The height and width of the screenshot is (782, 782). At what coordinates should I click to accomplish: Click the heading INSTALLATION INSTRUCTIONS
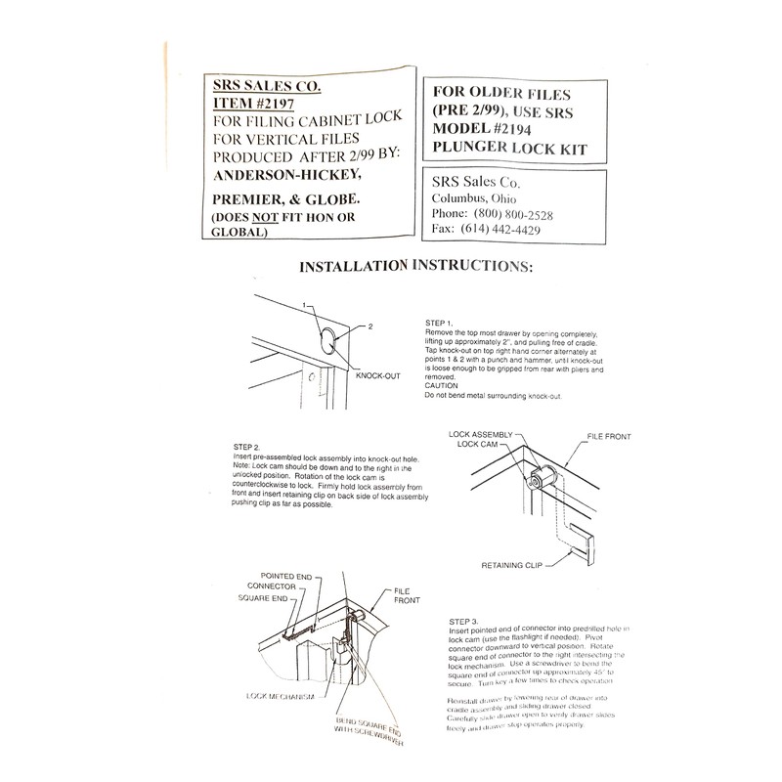click(416, 266)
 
